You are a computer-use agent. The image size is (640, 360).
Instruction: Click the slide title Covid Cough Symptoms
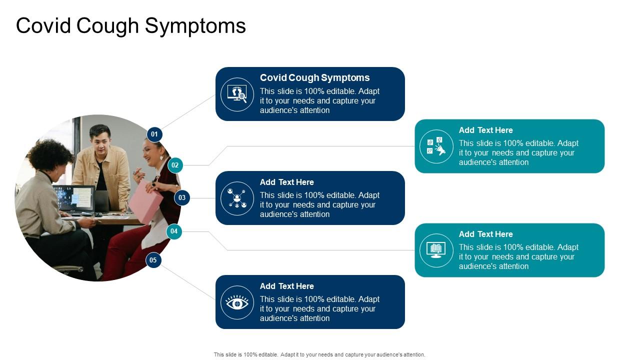(x=131, y=26)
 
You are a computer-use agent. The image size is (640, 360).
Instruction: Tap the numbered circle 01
(x=154, y=134)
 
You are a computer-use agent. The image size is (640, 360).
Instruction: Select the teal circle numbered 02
(x=175, y=165)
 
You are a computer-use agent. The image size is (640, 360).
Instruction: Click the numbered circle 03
(x=182, y=197)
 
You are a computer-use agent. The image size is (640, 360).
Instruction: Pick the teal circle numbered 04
(x=174, y=231)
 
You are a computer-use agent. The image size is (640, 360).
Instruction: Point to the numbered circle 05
(x=153, y=260)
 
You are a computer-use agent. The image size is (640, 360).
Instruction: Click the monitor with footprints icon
(x=237, y=94)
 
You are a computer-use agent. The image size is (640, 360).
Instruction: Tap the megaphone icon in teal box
(x=436, y=146)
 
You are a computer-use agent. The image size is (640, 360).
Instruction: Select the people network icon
(x=237, y=198)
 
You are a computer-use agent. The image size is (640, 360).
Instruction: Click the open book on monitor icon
(x=436, y=250)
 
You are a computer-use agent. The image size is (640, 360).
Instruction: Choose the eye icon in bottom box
(x=237, y=302)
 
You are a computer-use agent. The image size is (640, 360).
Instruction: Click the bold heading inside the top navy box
(x=314, y=77)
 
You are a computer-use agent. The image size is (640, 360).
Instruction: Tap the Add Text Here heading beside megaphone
(x=485, y=130)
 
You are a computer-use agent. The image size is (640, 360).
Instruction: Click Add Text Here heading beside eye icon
(x=286, y=286)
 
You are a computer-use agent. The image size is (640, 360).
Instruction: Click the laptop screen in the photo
(x=75, y=198)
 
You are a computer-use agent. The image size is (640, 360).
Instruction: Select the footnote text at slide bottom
(x=319, y=354)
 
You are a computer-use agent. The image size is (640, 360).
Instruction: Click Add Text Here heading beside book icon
(x=485, y=234)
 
